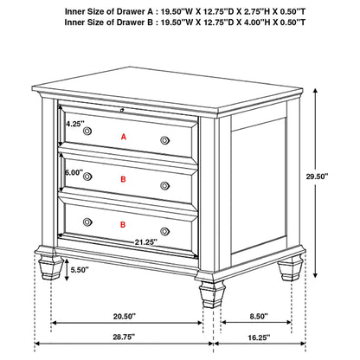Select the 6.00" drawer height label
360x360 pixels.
75,172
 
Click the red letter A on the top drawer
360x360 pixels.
124,137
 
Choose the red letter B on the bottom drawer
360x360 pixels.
124,225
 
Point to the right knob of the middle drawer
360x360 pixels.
164,184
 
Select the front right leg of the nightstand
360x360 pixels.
209,293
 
